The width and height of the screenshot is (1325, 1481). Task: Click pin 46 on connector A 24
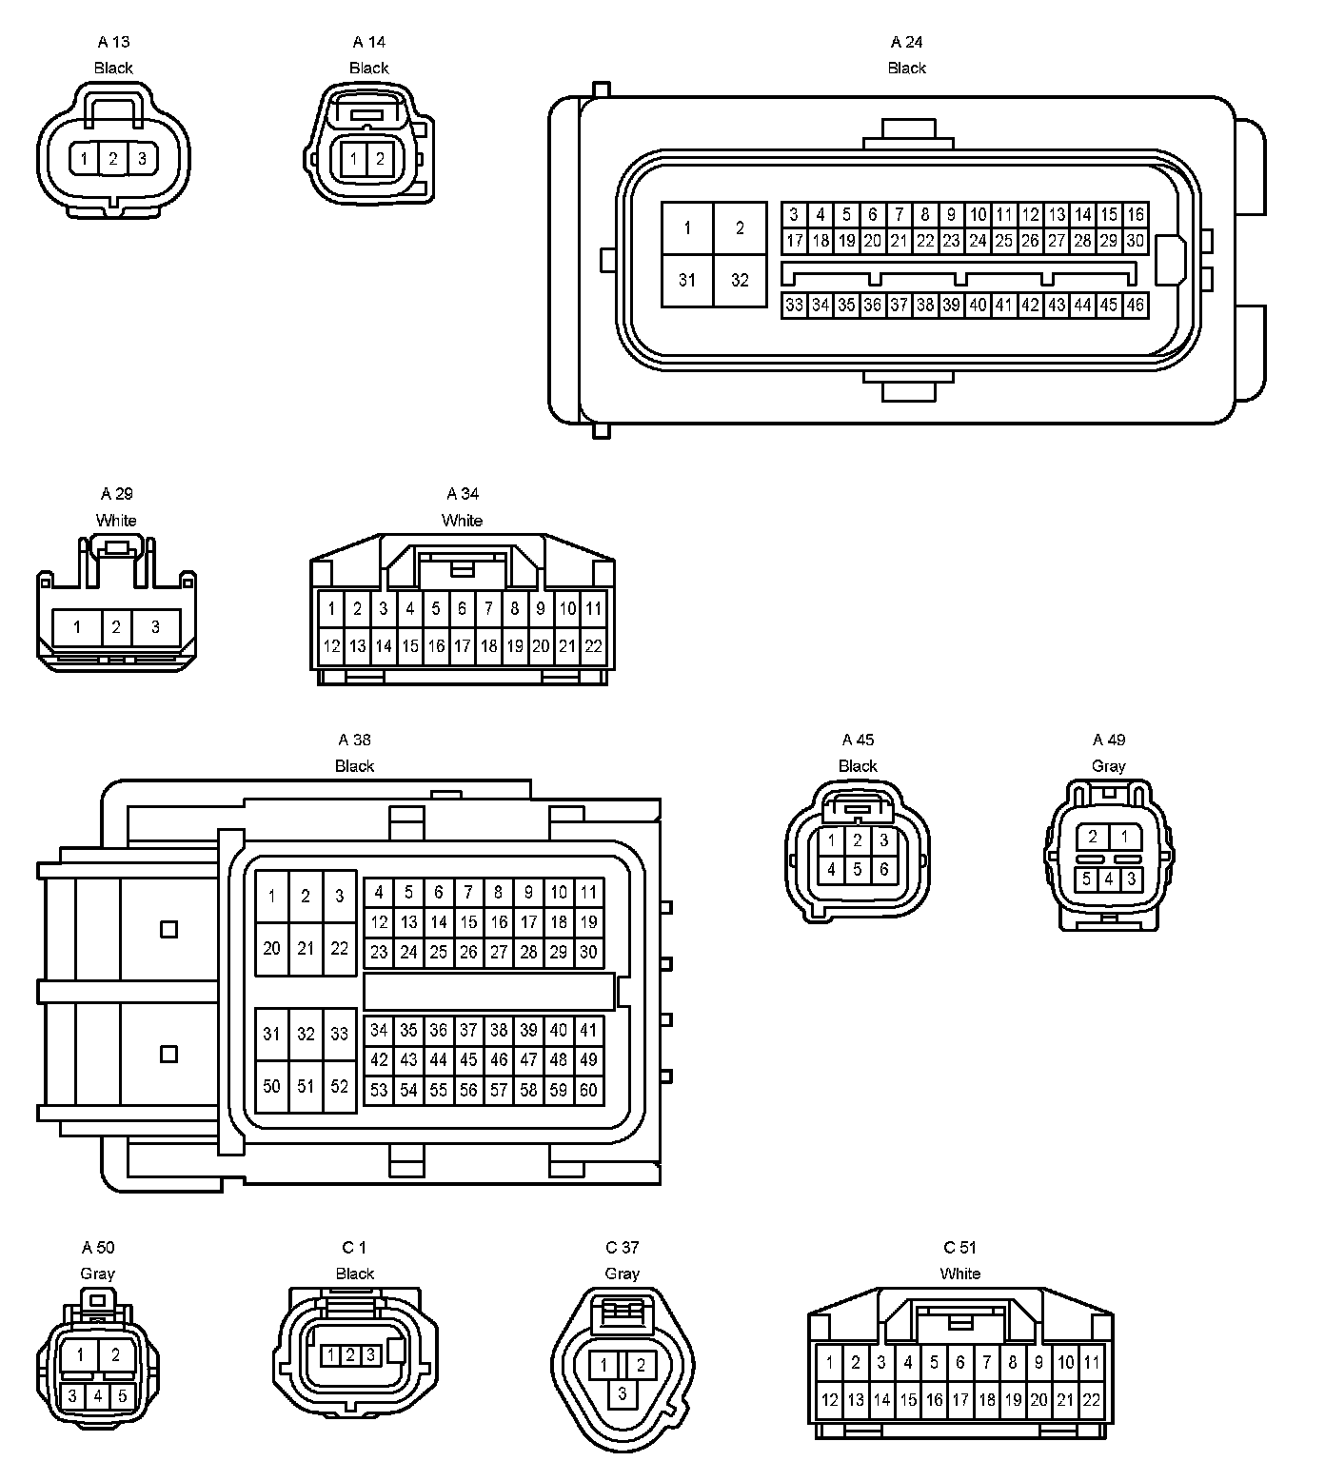pos(1135,306)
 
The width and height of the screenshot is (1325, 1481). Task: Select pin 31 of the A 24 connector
pos(687,280)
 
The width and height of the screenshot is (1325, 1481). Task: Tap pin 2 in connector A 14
pos(380,159)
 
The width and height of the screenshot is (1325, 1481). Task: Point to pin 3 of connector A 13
pos(142,158)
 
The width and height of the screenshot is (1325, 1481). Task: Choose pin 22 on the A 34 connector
pos(593,646)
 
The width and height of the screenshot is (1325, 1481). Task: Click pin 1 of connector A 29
pos(77,627)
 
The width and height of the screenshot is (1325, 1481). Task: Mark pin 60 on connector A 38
pos(588,1090)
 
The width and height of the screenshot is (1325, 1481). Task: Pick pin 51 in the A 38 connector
pos(306,1086)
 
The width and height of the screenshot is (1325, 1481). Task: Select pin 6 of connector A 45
pos(884,869)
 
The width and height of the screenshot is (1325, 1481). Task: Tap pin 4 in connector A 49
pos(1109,879)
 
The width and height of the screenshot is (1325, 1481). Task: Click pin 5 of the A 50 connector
pos(123,1396)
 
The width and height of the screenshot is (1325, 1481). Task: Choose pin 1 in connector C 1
pos(329,1354)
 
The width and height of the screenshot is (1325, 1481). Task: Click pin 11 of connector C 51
pos(1092,1362)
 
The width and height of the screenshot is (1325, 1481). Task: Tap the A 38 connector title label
pos(354,740)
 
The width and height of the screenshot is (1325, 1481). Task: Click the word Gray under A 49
pos(1109,766)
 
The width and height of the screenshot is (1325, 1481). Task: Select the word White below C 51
pos(959,1274)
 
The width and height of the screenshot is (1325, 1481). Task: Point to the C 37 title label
pos(623,1248)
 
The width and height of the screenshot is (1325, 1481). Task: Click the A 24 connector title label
pos(906,42)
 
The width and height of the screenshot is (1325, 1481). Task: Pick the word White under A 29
pos(116,521)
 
